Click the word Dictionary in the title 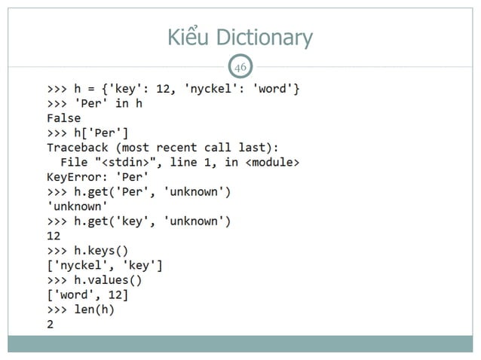pyautogui.click(x=263, y=37)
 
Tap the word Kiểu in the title pyautogui.click(x=188, y=37)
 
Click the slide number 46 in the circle pyautogui.click(x=240, y=69)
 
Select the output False pyautogui.click(x=63, y=118)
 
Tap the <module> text pyautogui.click(x=272, y=162)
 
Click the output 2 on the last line pyautogui.click(x=51, y=325)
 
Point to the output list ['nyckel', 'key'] pyautogui.click(x=105, y=265)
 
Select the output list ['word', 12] pyautogui.click(x=87, y=295)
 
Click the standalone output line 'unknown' pyautogui.click(x=77, y=206)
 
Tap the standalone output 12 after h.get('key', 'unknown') pyautogui.click(x=54, y=236)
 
